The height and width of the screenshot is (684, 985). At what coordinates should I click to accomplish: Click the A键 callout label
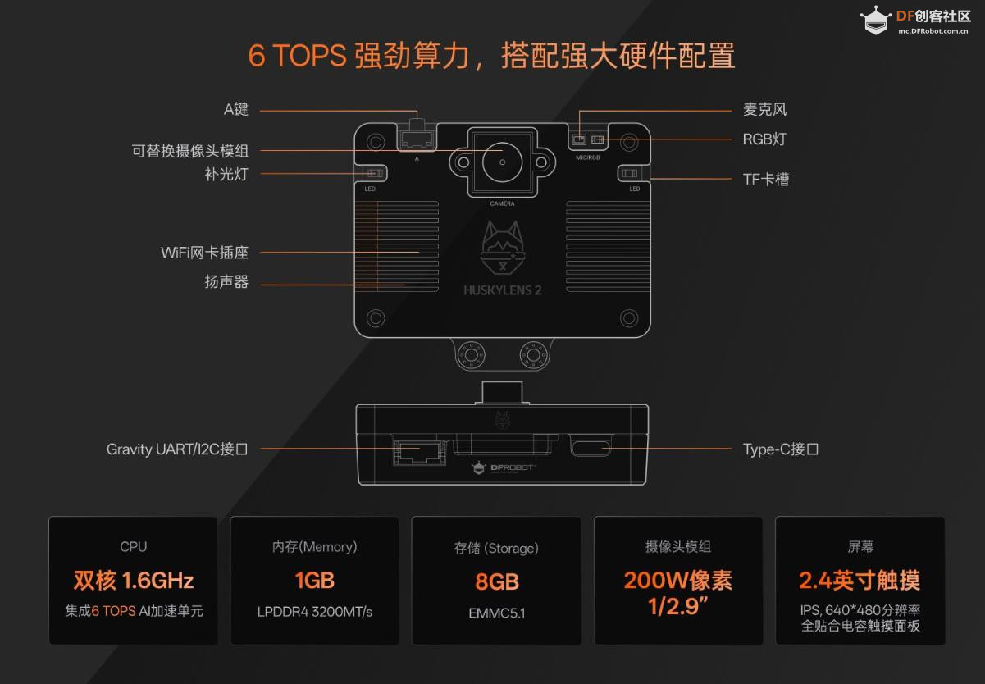pyautogui.click(x=236, y=109)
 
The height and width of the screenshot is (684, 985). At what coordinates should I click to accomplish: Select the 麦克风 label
pyautogui.click(x=764, y=109)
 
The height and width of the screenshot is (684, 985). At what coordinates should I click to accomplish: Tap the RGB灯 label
pyautogui.click(x=764, y=139)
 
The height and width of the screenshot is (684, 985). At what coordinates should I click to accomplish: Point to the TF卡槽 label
pyautogui.click(x=765, y=180)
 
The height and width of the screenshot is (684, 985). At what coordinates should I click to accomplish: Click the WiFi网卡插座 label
pyautogui.click(x=204, y=253)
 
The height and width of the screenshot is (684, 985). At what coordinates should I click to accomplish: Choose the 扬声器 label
pyautogui.click(x=226, y=281)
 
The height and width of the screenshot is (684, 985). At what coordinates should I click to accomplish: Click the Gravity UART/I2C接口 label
pyautogui.click(x=177, y=449)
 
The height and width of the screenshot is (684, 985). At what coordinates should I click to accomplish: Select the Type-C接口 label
pyautogui.click(x=781, y=449)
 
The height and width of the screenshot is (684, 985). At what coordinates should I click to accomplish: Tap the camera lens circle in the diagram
pyautogui.click(x=502, y=162)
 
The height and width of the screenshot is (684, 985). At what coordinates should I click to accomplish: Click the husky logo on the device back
pyautogui.click(x=503, y=249)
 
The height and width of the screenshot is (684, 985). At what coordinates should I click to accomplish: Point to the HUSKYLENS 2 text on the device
pyautogui.click(x=502, y=290)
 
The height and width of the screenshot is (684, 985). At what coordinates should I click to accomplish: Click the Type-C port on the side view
pyautogui.click(x=591, y=445)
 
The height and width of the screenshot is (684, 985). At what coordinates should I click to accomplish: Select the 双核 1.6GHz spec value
pyautogui.click(x=134, y=581)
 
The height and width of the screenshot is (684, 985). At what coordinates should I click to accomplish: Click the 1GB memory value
pyautogui.click(x=315, y=581)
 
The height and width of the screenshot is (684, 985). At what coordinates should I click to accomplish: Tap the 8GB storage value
pyautogui.click(x=497, y=581)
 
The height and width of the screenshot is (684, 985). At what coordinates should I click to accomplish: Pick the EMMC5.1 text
pyautogui.click(x=497, y=613)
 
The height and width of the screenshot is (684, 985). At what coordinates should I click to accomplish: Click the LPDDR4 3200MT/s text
pyautogui.click(x=315, y=612)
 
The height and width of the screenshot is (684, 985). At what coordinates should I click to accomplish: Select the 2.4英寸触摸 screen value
pyautogui.click(x=860, y=581)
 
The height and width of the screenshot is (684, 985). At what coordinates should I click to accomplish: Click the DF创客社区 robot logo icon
pyautogui.click(x=876, y=21)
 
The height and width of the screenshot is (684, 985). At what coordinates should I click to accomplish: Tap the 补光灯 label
pyautogui.click(x=226, y=174)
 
